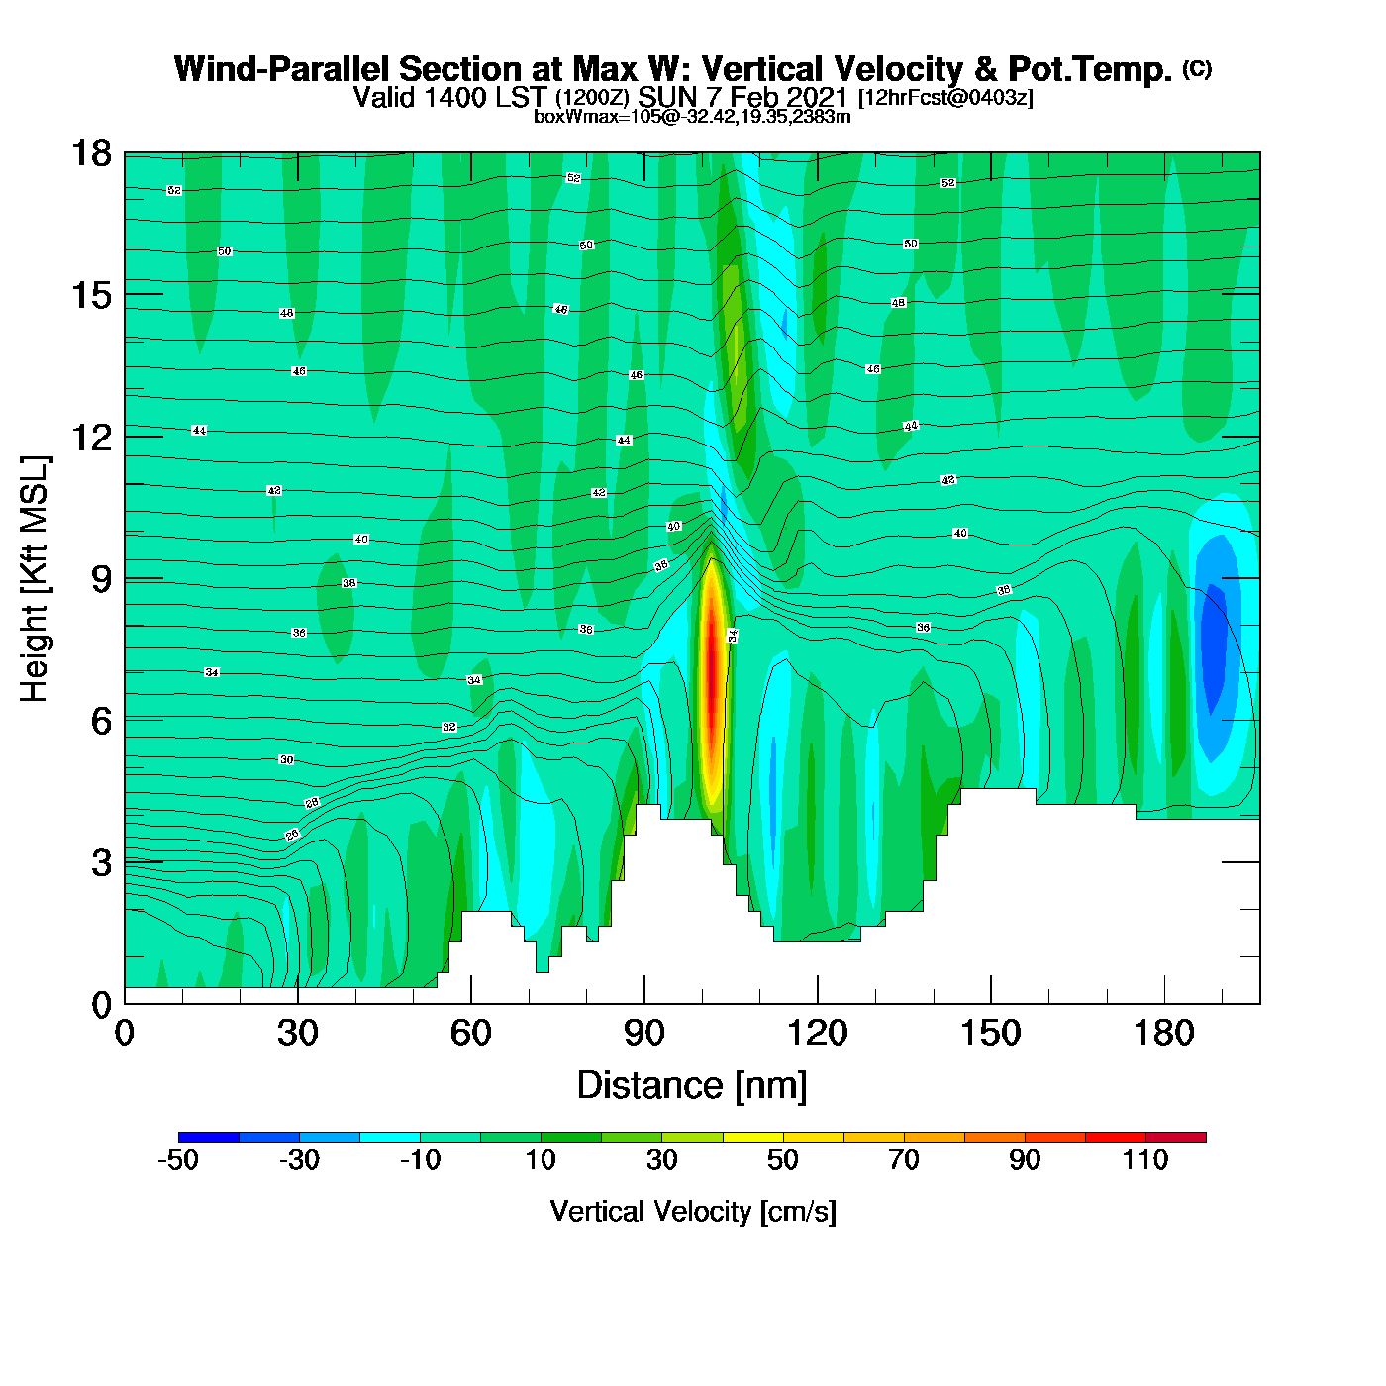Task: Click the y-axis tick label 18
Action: click(x=90, y=153)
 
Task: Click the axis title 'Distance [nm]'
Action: click(x=692, y=1086)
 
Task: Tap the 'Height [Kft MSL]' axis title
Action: click(x=35, y=579)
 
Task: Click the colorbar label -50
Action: click(x=178, y=1160)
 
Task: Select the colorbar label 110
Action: click(x=1145, y=1160)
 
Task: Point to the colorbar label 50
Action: click(x=783, y=1160)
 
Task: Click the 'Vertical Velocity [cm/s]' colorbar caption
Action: click(x=693, y=1212)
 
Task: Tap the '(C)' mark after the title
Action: click(x=1197, y=68)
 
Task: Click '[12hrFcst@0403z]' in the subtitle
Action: click(x=945, y=98)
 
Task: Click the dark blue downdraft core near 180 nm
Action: click(x=1213, y=634)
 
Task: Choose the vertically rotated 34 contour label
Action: click(x=733, y=636)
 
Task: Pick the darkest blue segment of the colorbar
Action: click(x=209, y=1138)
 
